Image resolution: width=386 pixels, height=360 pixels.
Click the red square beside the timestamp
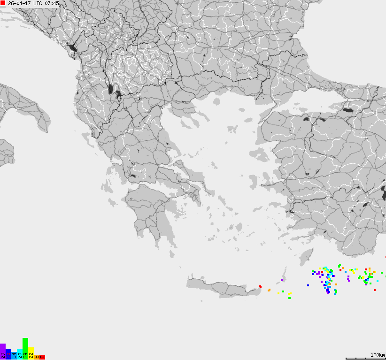(x=3, y=3)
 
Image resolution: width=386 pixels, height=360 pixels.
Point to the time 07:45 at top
(x=52, y=3)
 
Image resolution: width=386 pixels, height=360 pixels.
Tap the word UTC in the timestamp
(x=38, y=3)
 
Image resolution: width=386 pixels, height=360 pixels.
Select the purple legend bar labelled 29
(x=3, y=352)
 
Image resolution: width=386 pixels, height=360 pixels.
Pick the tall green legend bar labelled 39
(x=25, y=348)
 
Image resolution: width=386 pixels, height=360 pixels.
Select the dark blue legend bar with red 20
(x=8, y=354)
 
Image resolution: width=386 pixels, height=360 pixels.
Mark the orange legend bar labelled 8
(x=37, y=357)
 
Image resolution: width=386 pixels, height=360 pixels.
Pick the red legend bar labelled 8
(x=42, y=358)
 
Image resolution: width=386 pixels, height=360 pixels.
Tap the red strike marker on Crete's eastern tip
(x=260, y=286)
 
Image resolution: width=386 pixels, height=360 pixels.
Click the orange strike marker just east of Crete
(x=269, y=290)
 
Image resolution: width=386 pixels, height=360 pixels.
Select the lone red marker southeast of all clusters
(x=375, y=290)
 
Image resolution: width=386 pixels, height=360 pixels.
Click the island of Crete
(x=221, y=287)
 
